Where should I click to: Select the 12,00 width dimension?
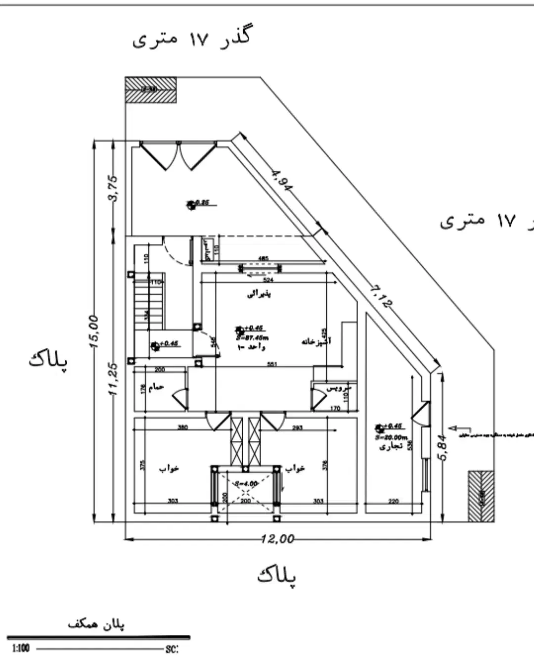(278, 539)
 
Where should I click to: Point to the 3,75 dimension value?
(113, 188)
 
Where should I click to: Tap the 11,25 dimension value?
(113, 379)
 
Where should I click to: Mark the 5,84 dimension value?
(443, 447)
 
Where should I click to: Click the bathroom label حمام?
(156, 387)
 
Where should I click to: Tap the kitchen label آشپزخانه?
(316, 341)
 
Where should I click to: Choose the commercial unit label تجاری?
(391, 447)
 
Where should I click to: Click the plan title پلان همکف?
(96, 624)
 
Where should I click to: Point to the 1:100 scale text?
(20, 648)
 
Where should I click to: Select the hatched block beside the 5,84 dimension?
(481, 496)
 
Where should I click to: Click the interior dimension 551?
(271, 365)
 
